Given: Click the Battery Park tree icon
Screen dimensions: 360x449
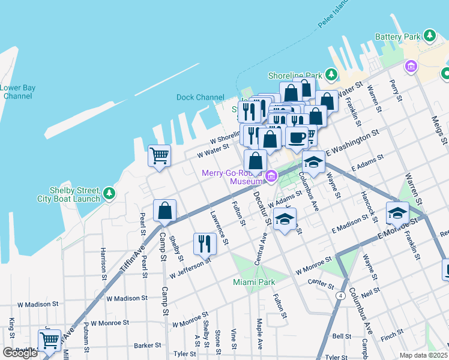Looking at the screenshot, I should pos(429,36).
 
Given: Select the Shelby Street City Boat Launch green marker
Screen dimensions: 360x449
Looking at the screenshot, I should pos(109,193).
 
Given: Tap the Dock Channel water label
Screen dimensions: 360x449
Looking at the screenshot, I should pos(200,97).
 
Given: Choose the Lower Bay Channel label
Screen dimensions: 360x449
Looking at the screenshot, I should pos(17,92).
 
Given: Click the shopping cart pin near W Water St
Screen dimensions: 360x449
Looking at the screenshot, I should pos(160,157).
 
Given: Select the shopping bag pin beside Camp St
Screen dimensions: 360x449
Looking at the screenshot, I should pos(164,212).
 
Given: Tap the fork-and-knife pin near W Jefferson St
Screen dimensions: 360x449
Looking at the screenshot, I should pos(205,244).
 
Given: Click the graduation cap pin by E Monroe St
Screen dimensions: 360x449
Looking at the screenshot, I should pos(397,213).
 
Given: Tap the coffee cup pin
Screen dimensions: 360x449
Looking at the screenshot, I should pos(295,137).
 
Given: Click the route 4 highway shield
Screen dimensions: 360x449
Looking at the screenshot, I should pos(340,295).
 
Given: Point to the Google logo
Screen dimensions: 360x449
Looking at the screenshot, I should pos(20,353).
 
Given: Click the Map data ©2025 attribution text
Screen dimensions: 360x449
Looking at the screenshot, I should pos(423,355).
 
